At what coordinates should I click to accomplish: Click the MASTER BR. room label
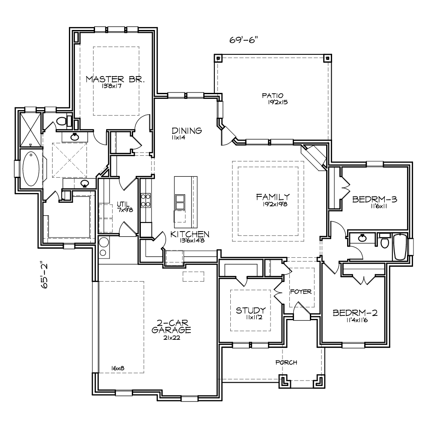coord(115,79)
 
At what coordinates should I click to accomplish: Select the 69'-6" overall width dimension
coord(244,40)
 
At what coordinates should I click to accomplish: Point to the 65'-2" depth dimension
coord(44,276)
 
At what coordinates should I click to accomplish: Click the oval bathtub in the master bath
coord(31,169)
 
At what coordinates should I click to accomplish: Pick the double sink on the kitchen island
coord(180,202)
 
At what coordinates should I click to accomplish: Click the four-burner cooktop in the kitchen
coord(146,200)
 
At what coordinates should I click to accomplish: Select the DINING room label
coord(187,131)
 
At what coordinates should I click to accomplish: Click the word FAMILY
coord(273,197)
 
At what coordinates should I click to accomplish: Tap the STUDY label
coord(250,310)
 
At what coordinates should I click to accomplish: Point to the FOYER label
coord(301,291)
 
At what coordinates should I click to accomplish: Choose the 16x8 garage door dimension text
coord(118,368)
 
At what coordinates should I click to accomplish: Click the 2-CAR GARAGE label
coord(171,326)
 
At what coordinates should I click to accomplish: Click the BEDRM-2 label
coord(355,312)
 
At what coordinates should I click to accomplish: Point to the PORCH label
coord(286,363)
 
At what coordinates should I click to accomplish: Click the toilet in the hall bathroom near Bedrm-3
coord(385,241)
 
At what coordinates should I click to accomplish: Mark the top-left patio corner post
coord(217,58)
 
